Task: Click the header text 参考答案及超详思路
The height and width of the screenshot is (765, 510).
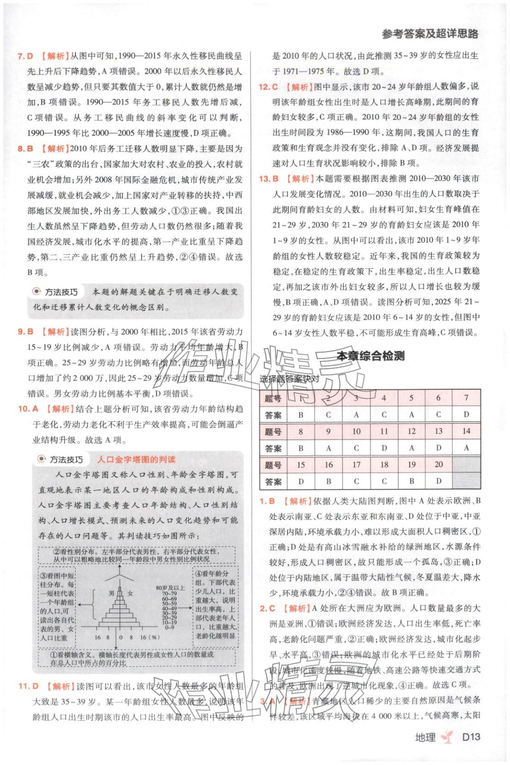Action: pos(430,33)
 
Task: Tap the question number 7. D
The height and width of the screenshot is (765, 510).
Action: pos(25,56)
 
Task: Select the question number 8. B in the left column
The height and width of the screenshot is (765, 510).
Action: pos(25,149)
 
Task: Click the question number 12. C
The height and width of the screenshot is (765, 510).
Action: pos(268,86)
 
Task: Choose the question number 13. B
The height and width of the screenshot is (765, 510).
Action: pos(268,179)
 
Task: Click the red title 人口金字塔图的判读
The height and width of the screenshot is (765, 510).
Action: pos(136,459)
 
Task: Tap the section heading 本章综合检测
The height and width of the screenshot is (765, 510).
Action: pos(371,356)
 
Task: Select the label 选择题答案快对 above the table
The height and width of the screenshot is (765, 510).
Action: pos(289,379)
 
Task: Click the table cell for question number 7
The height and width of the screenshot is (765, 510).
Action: pos(466,398)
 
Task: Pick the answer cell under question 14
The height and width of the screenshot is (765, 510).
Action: pos(466,448)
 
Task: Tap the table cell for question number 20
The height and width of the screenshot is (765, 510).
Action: pos(438,465)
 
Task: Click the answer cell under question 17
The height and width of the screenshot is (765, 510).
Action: pos(356,481)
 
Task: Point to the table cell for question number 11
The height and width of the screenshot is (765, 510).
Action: pos(384,431)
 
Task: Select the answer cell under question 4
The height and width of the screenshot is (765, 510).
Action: pos(384,414)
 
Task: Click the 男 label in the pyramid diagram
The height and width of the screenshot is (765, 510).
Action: pos(111,593)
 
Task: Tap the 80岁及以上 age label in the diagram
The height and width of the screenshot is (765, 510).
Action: pos(170,588)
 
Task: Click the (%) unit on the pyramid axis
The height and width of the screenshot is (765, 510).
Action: pos(153,637)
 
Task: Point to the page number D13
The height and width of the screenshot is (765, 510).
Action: pos(471,737)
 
